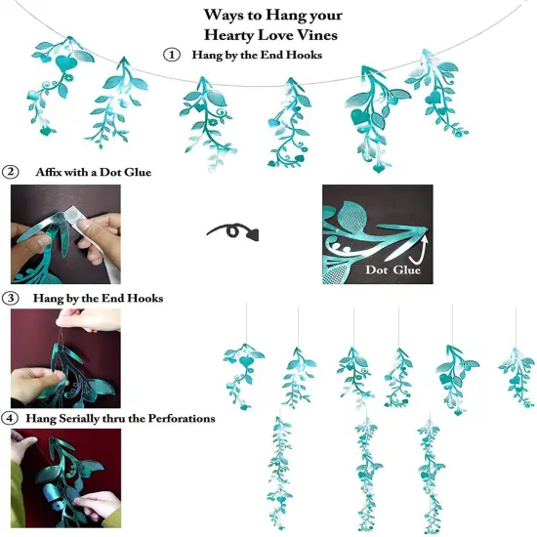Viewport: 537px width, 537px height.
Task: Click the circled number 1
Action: (173, 56)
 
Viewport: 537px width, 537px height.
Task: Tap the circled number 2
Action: (11, 172)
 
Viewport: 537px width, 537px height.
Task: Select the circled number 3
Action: (11, 297)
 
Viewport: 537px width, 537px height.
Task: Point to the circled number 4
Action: (11, 419)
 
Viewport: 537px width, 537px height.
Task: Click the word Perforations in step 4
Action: (178, 419)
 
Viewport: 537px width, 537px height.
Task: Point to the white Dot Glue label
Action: (392, 270)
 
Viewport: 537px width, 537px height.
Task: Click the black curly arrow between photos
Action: (230, 232)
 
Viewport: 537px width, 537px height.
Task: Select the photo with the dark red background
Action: (64, 357)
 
